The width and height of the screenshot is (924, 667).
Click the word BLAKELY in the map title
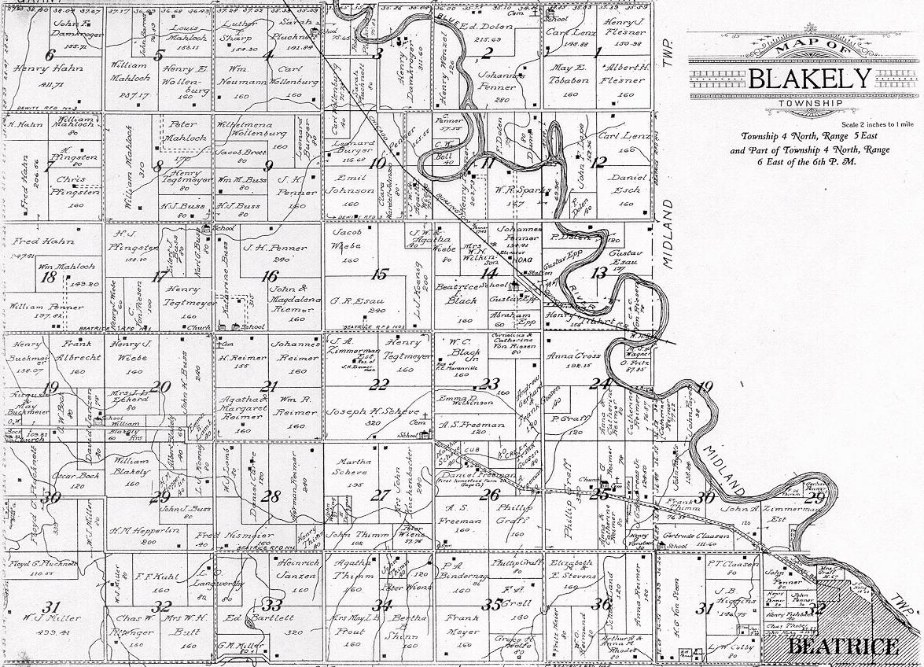pyautogui.click(x=810, y=79)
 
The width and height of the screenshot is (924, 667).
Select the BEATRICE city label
pyautogui.click(x=843, y=647)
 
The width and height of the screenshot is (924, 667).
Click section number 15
pyautogui.click(x=380, y=275)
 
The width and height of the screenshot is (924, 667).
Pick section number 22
pyautogui.click(x=380, y=385)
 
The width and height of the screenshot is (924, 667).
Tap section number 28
pyautogui.click(x=271, y=496)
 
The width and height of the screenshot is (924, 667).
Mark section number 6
pyautogui.click(x=50, y=55)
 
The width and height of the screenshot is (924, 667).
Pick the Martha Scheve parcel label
pyautogui.click(x=352, y=466)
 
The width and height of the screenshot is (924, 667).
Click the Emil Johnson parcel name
pyautogui.click(x=352, y=184)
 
